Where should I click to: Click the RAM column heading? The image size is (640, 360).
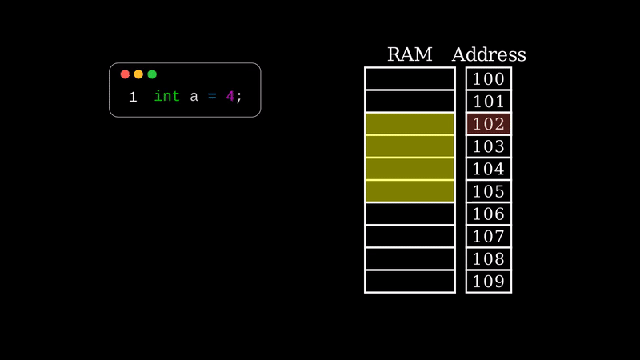410,54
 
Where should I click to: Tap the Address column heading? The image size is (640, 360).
489,54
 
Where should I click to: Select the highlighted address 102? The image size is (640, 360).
489,124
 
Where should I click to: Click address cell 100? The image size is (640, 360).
489,79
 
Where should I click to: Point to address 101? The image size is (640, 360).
489,102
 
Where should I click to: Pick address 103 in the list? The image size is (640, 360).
489,146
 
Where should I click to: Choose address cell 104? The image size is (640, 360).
489,169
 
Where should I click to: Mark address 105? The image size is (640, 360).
489,191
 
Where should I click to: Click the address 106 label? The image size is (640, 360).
489,214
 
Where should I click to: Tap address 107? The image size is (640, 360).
489,236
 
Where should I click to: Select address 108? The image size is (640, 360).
489,258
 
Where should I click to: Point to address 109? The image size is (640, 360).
489,281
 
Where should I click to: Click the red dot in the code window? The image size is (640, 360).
125,74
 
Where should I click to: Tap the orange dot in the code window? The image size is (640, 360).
138,74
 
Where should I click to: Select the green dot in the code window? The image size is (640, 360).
152,74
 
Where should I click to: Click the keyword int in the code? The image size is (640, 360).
166,97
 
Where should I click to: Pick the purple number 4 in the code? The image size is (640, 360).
230,97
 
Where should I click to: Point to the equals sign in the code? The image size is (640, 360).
212,97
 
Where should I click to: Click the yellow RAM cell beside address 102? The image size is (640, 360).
410,124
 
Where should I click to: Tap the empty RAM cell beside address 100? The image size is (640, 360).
410,79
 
